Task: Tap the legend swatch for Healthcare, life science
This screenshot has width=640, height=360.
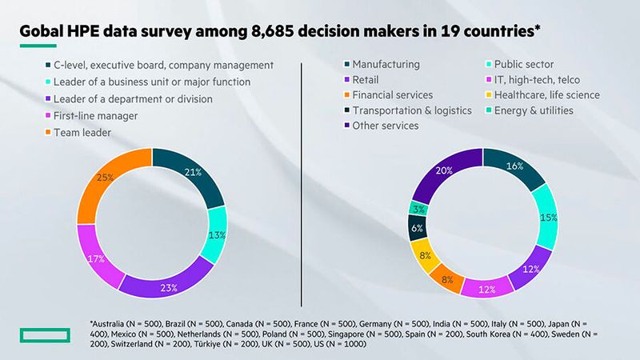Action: click(487, 95)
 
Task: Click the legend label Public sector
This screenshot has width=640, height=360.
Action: click(524, 65)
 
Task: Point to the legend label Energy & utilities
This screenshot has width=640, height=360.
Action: click(534, 110)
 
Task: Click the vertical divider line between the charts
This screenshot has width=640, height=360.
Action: click(302, 184)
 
